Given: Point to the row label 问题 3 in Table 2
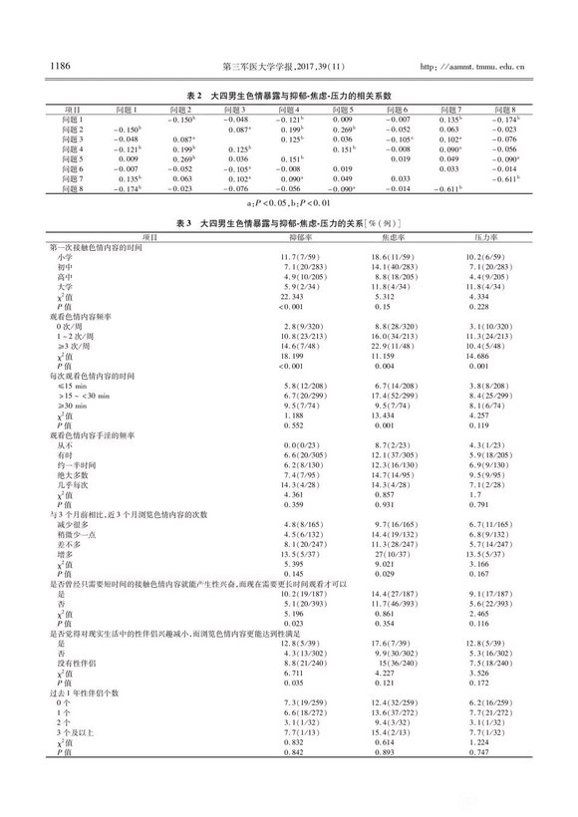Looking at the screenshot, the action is tap(76, 137).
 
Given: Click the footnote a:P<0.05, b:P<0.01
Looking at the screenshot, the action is tap(288, 201).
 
